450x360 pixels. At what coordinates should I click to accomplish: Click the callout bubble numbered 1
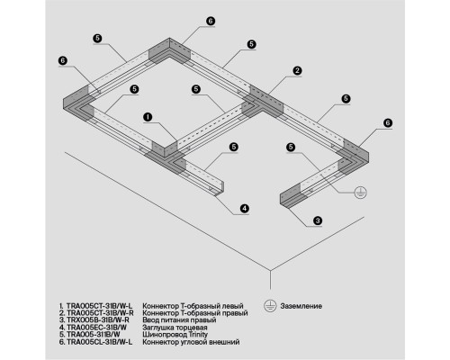148,117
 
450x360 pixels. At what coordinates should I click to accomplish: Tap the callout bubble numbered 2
297,71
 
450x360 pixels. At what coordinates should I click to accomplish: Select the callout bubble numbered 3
318,220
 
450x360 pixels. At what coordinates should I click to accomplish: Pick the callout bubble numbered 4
245,208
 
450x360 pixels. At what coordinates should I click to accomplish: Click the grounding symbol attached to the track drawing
360,193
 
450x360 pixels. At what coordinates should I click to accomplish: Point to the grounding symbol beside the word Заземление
270,306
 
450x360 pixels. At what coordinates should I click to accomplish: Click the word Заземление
301,306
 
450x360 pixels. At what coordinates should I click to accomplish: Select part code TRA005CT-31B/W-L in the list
99,306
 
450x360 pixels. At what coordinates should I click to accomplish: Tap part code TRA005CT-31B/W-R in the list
100,313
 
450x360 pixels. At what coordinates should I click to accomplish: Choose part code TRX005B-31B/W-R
98,319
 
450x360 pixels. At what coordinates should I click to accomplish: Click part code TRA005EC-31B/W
96,327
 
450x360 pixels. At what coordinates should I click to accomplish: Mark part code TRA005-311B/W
94,334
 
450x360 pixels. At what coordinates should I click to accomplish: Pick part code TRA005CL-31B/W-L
99,342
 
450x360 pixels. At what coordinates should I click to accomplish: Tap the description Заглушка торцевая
175,328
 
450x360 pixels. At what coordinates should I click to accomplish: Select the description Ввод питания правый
179,320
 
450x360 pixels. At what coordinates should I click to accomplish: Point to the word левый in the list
232,306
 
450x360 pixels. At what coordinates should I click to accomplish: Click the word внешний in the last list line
226,342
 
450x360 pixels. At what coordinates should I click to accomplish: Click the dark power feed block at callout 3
290,197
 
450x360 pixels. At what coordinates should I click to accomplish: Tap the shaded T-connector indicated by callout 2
263,103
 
